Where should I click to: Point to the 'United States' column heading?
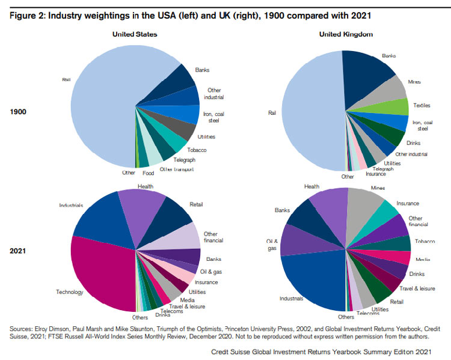pyautogui.click(x=135, y=34)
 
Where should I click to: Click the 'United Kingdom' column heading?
pyautogui.click(x=348, y=34)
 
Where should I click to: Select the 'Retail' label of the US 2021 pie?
pyautogui.click(x=197, y=204)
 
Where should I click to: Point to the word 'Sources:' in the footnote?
pyautogui.click(x=23, y=329)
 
